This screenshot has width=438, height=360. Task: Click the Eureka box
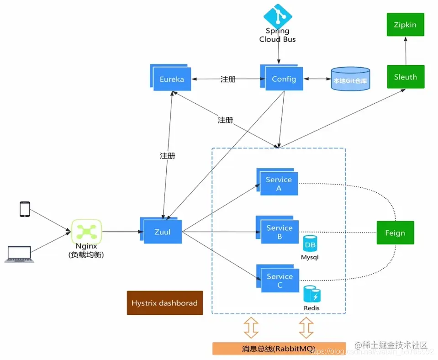point(171,79)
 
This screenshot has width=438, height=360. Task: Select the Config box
point(283,79)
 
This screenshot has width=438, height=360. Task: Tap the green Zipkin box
point(405,24)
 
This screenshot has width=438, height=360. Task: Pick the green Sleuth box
point(405,77)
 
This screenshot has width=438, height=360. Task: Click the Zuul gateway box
point(162,232)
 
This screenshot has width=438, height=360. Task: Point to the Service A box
point(279,184)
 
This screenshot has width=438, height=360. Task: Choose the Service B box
point(280,232)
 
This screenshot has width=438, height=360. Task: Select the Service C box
point(280,280)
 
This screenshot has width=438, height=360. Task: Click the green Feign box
point(395,233)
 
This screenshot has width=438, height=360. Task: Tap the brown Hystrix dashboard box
point(164,303)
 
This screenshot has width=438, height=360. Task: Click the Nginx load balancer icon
point(86,232)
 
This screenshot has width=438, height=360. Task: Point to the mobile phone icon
point(25,209)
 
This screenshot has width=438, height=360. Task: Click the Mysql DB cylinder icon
point(310,244)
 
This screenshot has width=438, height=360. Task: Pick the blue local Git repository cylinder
point(350,79)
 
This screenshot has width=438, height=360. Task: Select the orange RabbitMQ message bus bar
point(279,348)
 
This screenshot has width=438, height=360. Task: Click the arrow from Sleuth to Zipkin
point(405,51)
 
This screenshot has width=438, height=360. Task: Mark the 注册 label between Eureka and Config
point(228,79)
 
